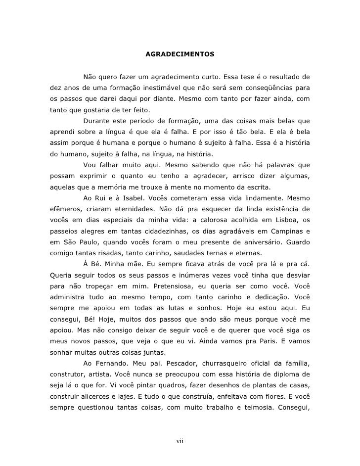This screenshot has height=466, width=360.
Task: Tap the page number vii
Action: point(180,441)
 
